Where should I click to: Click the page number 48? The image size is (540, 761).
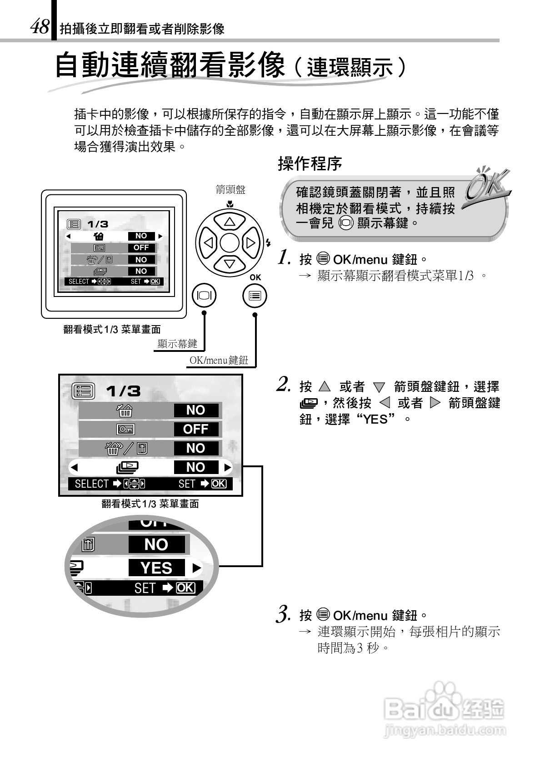click(40, 27)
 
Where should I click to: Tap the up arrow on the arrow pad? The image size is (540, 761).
click(230, 222)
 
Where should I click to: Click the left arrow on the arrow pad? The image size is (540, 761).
click(209, 243)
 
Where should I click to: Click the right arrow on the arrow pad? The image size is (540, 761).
click(250, 243)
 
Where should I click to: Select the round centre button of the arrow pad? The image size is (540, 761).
click(230, 243)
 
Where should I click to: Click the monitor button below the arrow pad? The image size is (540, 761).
click(204, 296)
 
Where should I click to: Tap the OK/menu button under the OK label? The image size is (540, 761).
click(255, 296)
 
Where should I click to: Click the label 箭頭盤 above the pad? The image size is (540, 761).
click(230, 190)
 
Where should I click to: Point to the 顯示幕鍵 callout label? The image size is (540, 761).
click(177, 344)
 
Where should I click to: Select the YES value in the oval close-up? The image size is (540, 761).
click(156, 568)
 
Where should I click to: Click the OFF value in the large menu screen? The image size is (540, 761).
click(196, 429)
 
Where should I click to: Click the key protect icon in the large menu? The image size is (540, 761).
click(125, 429)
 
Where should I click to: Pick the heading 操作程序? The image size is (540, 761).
click(310, 164)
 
